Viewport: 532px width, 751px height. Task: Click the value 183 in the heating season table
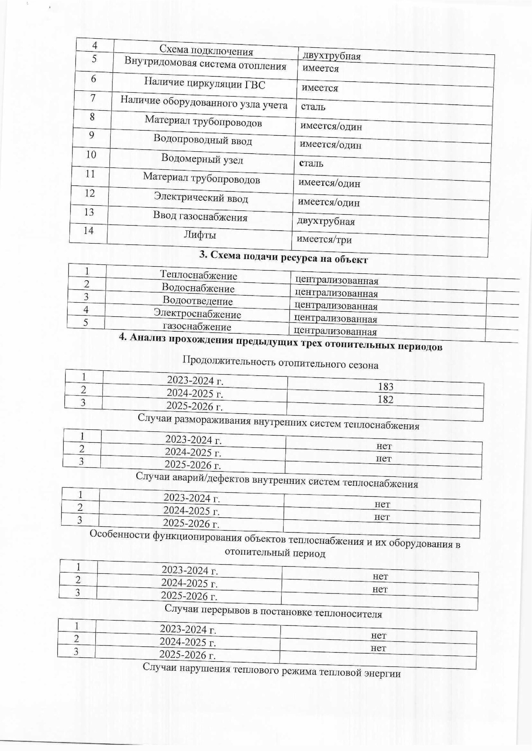pos(386,387)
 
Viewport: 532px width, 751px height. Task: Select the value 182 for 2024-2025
pos(385,399)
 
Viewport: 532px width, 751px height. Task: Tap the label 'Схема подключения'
pos(206,51)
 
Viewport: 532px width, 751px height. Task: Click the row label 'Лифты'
pos(200,235)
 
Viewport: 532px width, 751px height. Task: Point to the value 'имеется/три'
pos(324,239)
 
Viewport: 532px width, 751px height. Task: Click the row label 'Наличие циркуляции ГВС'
pos(204,83)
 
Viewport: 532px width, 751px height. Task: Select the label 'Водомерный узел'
pos(202,159)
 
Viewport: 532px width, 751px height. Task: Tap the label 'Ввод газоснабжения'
pos(200,217)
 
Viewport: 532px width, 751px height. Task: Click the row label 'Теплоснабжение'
pos(199,275)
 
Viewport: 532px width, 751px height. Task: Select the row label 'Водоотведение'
pos(198,301)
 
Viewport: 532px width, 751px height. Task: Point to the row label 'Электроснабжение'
pos(197,314)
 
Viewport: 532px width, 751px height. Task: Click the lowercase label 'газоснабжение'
pos(197,327)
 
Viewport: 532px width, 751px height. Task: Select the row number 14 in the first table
pos(88,231)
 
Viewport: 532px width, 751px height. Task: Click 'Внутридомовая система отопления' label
pos(205,64)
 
